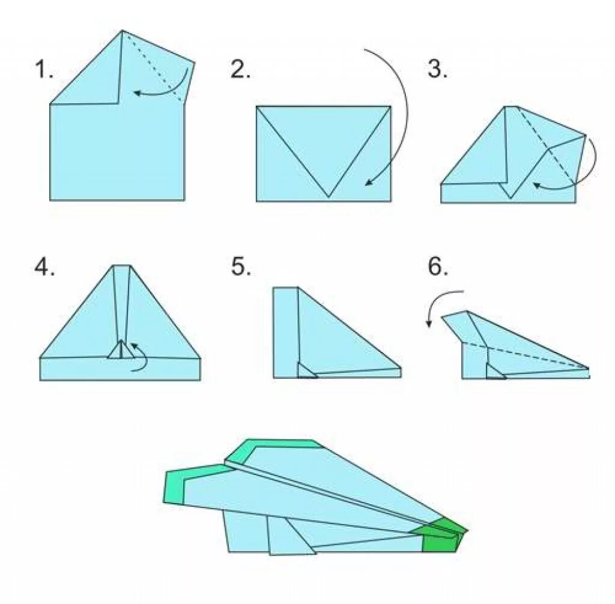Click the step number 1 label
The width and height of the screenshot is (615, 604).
coord(44,69)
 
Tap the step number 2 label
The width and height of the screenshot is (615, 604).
coord(240,69)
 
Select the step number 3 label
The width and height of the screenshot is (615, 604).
coord(437,69)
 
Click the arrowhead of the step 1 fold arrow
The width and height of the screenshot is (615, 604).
coord(138,93)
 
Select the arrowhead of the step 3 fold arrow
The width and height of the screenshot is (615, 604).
coord(536,184)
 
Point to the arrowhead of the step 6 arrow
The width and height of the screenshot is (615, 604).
coord(429,324)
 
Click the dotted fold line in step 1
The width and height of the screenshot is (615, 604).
coord(153,67)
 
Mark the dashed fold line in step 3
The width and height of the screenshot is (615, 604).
coord(546,145)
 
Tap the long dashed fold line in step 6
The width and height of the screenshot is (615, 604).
coord(526,355)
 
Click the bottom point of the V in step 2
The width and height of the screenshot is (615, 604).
coord(329,196)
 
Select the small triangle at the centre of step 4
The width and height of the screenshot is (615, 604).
coord(121,350)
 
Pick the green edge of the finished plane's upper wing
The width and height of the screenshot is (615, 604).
coord(271,446)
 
